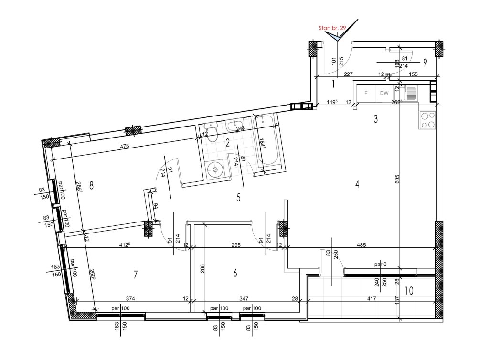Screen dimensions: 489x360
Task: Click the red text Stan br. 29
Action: pyautogui.click(x=332, y=28)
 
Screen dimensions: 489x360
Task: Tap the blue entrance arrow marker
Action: pyautogui.click(x=337, y=37)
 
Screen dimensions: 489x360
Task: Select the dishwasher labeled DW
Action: pyautogui.click(x=384, y=93)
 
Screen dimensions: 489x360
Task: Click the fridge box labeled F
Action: pyautogui.click(x=366, y=93)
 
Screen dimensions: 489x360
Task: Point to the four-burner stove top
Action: pyautogui.click(x=427, y=120)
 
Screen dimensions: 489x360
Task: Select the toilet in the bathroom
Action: pyautogui.click(x=212, y=132)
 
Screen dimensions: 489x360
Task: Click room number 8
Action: pyautogui.click(x=91, y=186)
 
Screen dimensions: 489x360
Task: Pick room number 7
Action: pyautogui.click(x=135, y=275)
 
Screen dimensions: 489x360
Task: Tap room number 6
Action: pyautogui.click(x=235, y=274)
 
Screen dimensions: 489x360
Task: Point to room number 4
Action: pyautogui.click(x=357, y=184)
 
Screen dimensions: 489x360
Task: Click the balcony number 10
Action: pyautogui.click(x=409, y=291)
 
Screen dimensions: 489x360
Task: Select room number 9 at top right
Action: pyautogui.click(x=425, y=63)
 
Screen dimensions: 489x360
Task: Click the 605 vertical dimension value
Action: pyautogui.click(x=397, y=179)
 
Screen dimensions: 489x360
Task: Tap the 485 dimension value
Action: pyautogui.click(x=361, y=245)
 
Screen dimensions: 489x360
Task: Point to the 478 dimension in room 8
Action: pyautogui.click(x=125, y=146)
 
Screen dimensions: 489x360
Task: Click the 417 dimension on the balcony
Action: pyautogui.click(x=372, y=298)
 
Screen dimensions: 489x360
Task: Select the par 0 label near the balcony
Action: pyautogui.click(x=381, y=265)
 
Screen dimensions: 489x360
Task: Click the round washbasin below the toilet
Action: pyautogui.click(x=215, y=169)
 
